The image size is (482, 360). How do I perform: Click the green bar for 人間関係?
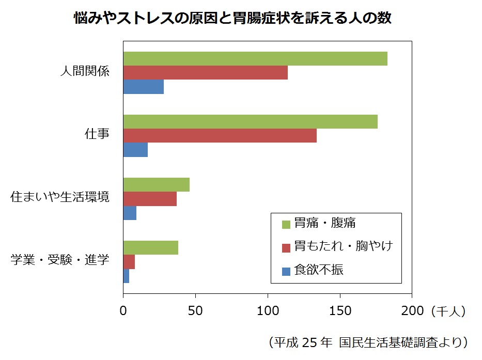coord(255,59)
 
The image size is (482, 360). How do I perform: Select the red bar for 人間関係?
coord(206,73)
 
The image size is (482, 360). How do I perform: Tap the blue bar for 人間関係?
coord(144,87)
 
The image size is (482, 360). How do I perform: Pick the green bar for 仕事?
coord(251,121)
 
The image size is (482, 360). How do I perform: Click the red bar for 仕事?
coord(220,135)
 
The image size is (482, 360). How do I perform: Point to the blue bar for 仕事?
coord(136,149)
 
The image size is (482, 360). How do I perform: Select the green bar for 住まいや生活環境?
coord(157,184)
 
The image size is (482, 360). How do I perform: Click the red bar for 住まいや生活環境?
coord(150,198)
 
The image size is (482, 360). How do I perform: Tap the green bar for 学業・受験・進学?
coord(151,247)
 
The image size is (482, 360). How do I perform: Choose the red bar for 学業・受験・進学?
coord(129,261)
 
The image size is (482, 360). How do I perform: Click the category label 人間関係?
coord(85,71)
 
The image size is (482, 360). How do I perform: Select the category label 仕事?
coord(97,134)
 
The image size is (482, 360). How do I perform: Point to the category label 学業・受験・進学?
coord(60,260)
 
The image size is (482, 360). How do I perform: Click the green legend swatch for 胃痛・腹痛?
coord(286,224)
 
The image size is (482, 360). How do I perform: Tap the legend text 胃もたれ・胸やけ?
coord(344,246)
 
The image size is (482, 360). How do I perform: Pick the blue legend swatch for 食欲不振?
coord(286,271)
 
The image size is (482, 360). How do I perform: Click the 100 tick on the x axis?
coord(268,311)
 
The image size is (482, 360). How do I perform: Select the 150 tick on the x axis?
coord(340,311)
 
